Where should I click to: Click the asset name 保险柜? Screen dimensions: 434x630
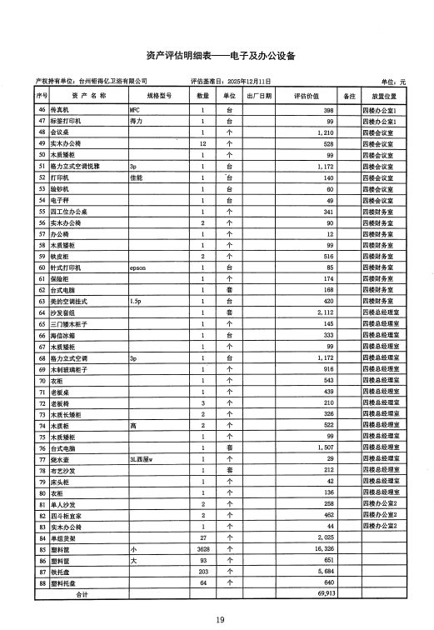tap(61, 279)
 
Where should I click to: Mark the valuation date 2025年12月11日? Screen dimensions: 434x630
tap(237, 82)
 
